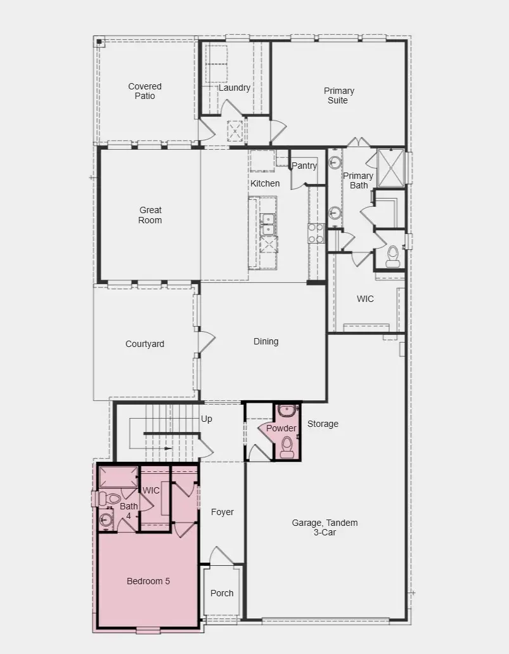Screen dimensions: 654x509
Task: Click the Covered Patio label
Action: pyautogui.click(x=145, y=91)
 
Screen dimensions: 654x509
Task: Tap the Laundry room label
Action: pyautogui.click(x=235, y=88)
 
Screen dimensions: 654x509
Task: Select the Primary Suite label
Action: pyautogui.click(x=338, y=95)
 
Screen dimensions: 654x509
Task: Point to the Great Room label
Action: pyautogui.click(x=150, y=215)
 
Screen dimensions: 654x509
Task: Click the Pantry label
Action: pyautogui.click(x=304, y=166)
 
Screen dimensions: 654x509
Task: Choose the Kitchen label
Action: pyautogui.click(x=264, y=183)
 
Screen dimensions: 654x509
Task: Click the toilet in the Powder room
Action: pyautogui.click(x=287, y=446)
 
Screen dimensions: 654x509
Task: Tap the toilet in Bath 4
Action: pyautogui.click(x=107, y=499)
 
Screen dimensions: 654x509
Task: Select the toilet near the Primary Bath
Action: pyautogui.click(x=392, y=255)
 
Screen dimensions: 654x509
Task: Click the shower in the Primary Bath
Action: pyautogui.click(x=390, y=167)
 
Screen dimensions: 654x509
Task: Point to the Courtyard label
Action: pyautogui.click(x=145, y=344)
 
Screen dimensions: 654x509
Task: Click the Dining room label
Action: pyautogui.click(x=266, y=341)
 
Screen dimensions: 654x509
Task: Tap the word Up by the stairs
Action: pyautogui.click(x=206, y=419)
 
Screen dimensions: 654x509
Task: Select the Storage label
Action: pyautogui.click(x=323, y=424)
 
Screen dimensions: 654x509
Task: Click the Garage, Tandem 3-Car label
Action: pyautogui.click(x=325, y=527)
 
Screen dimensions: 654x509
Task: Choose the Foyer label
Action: pyautogui.click(x=222, y=512)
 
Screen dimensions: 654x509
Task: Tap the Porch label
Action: pyautogui.click(x=222, y=593)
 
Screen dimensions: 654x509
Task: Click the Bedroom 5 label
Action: pyautogui.click(x=148, y=581)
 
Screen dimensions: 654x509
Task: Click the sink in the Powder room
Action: pyautogui.click(x=287, y=410)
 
